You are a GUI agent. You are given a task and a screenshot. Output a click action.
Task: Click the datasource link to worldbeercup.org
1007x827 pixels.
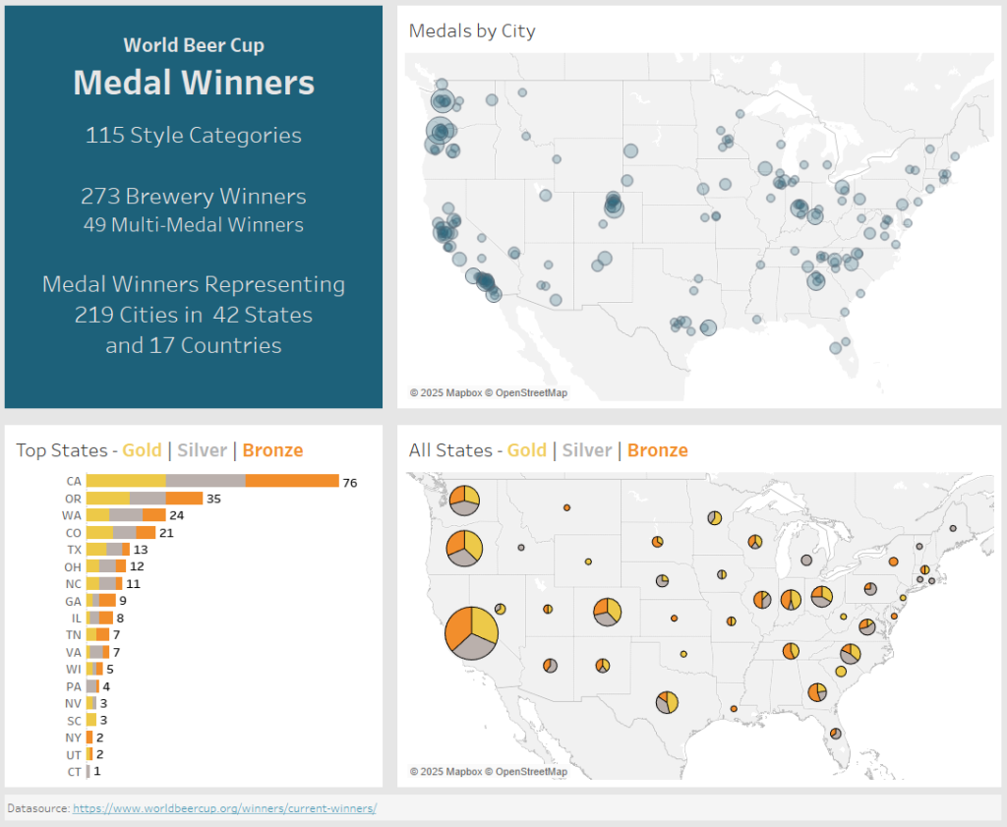pyautogui.click(x=224, y=808)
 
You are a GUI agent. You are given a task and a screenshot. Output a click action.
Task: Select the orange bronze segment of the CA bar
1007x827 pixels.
pyautogui.click(x=292, y=481)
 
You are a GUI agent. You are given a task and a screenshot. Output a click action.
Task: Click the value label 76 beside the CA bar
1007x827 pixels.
pyautogui.click(x=349, y=482)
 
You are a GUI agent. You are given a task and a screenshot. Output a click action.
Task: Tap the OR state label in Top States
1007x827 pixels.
pyautogui.click(x=74, y=499)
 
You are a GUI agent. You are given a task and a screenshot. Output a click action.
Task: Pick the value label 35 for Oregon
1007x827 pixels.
pyautogui.click(x=213, y=499)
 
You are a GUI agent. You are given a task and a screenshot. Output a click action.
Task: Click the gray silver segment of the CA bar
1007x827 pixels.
pyautogui.click(x=206, y=481)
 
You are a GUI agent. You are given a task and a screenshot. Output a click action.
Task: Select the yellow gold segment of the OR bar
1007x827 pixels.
pyautogui.click(x=108, y=499)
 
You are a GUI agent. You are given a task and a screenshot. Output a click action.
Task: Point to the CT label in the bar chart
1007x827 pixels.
pyautogui.click(x=75, y=772)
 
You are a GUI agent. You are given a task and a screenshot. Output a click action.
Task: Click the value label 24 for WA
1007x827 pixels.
pyautogui.click(x=177, y=515)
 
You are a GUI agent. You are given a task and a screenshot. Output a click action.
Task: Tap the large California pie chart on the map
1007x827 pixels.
pyautogui.click(x=471, y=633)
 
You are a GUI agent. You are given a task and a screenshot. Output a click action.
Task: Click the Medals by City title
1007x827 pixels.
pyautogui.click(x=472, y=31)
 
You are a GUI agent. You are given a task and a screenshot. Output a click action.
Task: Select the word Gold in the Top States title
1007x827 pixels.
pyautogui.click(x=142, y=450)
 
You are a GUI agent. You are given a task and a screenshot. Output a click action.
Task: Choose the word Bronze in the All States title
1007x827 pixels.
pyautogui.click(x=657, y=450)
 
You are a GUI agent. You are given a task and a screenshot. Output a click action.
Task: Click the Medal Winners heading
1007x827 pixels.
pyautogui.click(x=194, y=83)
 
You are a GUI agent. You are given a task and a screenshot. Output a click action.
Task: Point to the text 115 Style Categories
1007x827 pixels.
pyautogui.click(x=194, y=135)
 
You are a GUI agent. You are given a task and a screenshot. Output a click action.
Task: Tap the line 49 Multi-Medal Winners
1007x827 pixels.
pyautogui.click(x=194, y=225)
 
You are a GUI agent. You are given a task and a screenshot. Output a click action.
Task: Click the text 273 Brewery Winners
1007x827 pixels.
pyautogui.click(x=194, y=197)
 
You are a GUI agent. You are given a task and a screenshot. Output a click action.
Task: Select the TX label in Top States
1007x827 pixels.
pyautogui.click(x=75, y=550)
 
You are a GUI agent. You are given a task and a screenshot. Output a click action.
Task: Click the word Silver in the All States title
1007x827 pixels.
pyautogui.click(x=587, y=450)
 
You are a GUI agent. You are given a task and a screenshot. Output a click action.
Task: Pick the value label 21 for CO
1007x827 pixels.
pyautogui.click(x=166, y=533)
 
